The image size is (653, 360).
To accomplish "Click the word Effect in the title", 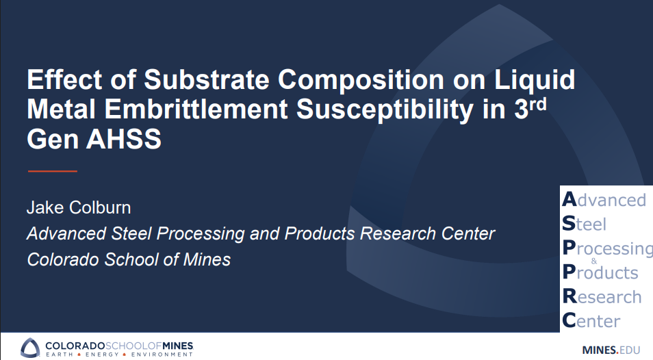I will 60,81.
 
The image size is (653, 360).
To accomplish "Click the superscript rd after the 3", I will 540,103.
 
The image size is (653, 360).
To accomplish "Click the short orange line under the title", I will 52,170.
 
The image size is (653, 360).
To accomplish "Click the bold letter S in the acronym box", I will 569,224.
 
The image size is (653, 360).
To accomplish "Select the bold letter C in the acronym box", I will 569,320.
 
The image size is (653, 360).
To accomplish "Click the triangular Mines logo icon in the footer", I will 30,347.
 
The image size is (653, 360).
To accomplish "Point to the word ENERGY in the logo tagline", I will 102,355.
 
